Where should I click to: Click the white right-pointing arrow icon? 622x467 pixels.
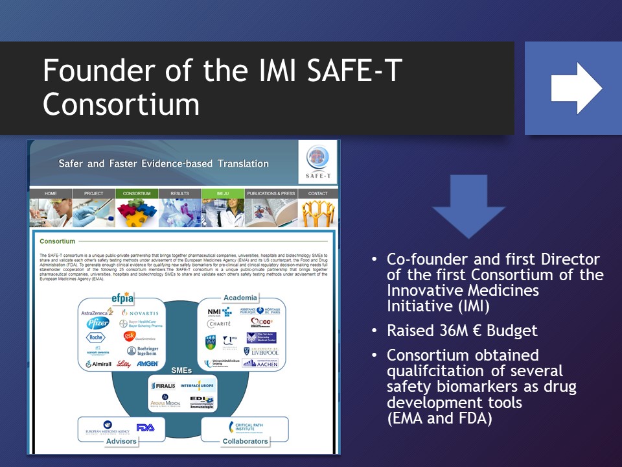pyautogui.click(x=576, y=88)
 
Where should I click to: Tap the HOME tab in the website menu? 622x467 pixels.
pyautogui.click(x=51, y=193)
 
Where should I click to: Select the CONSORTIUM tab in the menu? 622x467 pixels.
pyautogui.click(x=137, y=193)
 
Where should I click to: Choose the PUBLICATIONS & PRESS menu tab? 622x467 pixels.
pyautogui.click(x=271, y=193)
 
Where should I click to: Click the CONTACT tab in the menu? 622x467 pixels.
pyautogui.click(x=317, y=193)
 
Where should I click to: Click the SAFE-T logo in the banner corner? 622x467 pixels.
pyautogui.click(x=318, y=163)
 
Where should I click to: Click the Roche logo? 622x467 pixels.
pyautogui.click(x=95, y=337)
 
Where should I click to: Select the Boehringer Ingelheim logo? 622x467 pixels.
pyautogui.click(x=142, y=351)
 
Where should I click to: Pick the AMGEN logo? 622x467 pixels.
pyautogui.click(x=148, y=364)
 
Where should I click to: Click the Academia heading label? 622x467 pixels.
pyautogui.click(x=240, y=298)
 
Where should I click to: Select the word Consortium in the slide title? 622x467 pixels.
pyautogui.click(x=121, y=104)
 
